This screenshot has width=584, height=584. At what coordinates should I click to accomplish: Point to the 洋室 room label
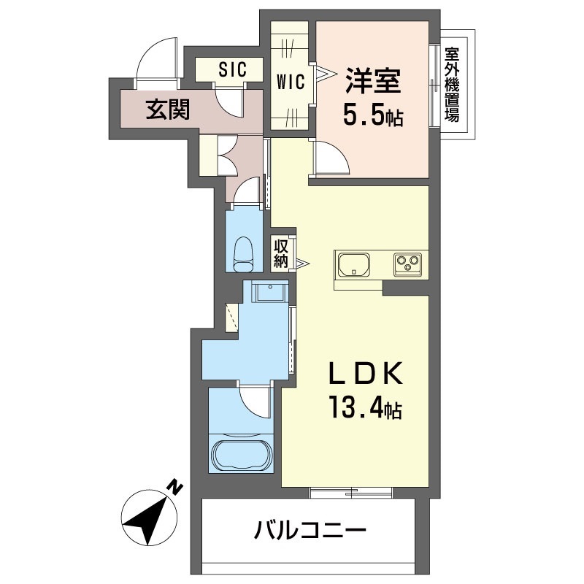click(x=372, y=82)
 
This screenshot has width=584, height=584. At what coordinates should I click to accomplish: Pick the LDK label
click(x=363, y=374)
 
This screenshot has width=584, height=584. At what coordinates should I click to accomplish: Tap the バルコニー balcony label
click(x=309, y=528)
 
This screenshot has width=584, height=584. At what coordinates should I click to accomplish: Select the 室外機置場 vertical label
click(x=453, y=85)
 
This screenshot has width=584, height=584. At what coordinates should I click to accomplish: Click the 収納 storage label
click(x=282, y=253)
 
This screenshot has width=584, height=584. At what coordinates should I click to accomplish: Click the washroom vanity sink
click(x=268, y=294)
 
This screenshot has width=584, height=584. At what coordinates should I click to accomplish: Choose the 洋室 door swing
click(x=331, y=157)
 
